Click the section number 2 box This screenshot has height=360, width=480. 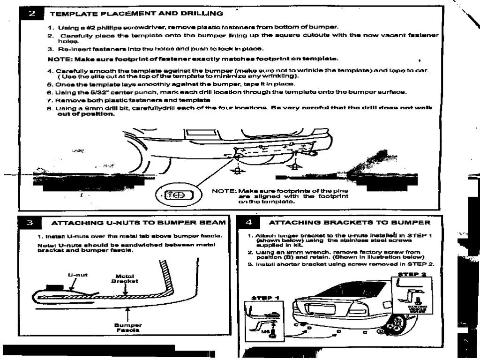coord(32,14)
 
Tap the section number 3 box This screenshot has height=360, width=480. coord(29,222)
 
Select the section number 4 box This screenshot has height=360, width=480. coord(249,222)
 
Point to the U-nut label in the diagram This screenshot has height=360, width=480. coord(78,275)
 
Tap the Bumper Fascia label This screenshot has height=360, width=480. coord(128,327)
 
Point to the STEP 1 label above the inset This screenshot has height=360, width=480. coord(265,298)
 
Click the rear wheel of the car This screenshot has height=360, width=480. coord(397,323)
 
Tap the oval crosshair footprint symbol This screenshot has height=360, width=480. coord(177,195)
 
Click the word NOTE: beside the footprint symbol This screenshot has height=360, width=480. coord(224,191)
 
